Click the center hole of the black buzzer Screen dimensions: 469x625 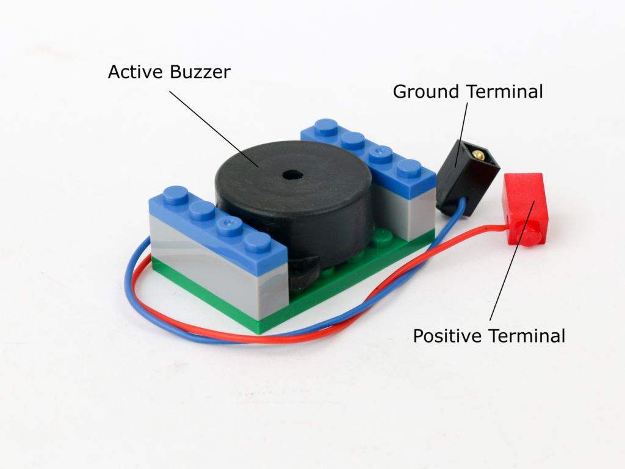pyautogui.click(x=292, y=175)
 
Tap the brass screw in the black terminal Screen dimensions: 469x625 pyautogui.click(x=479, y=156)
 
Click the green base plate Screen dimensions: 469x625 pyautogui.click(x=342, y=281)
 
